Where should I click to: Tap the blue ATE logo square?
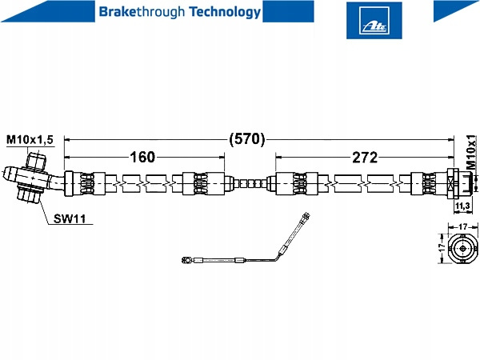369,19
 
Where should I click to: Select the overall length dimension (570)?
246,138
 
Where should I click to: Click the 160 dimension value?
142,157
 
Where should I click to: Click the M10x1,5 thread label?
30,140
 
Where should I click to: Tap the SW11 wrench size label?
70,218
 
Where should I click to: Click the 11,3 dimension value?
462,206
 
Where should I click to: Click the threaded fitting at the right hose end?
458,183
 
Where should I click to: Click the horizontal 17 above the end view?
462,226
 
